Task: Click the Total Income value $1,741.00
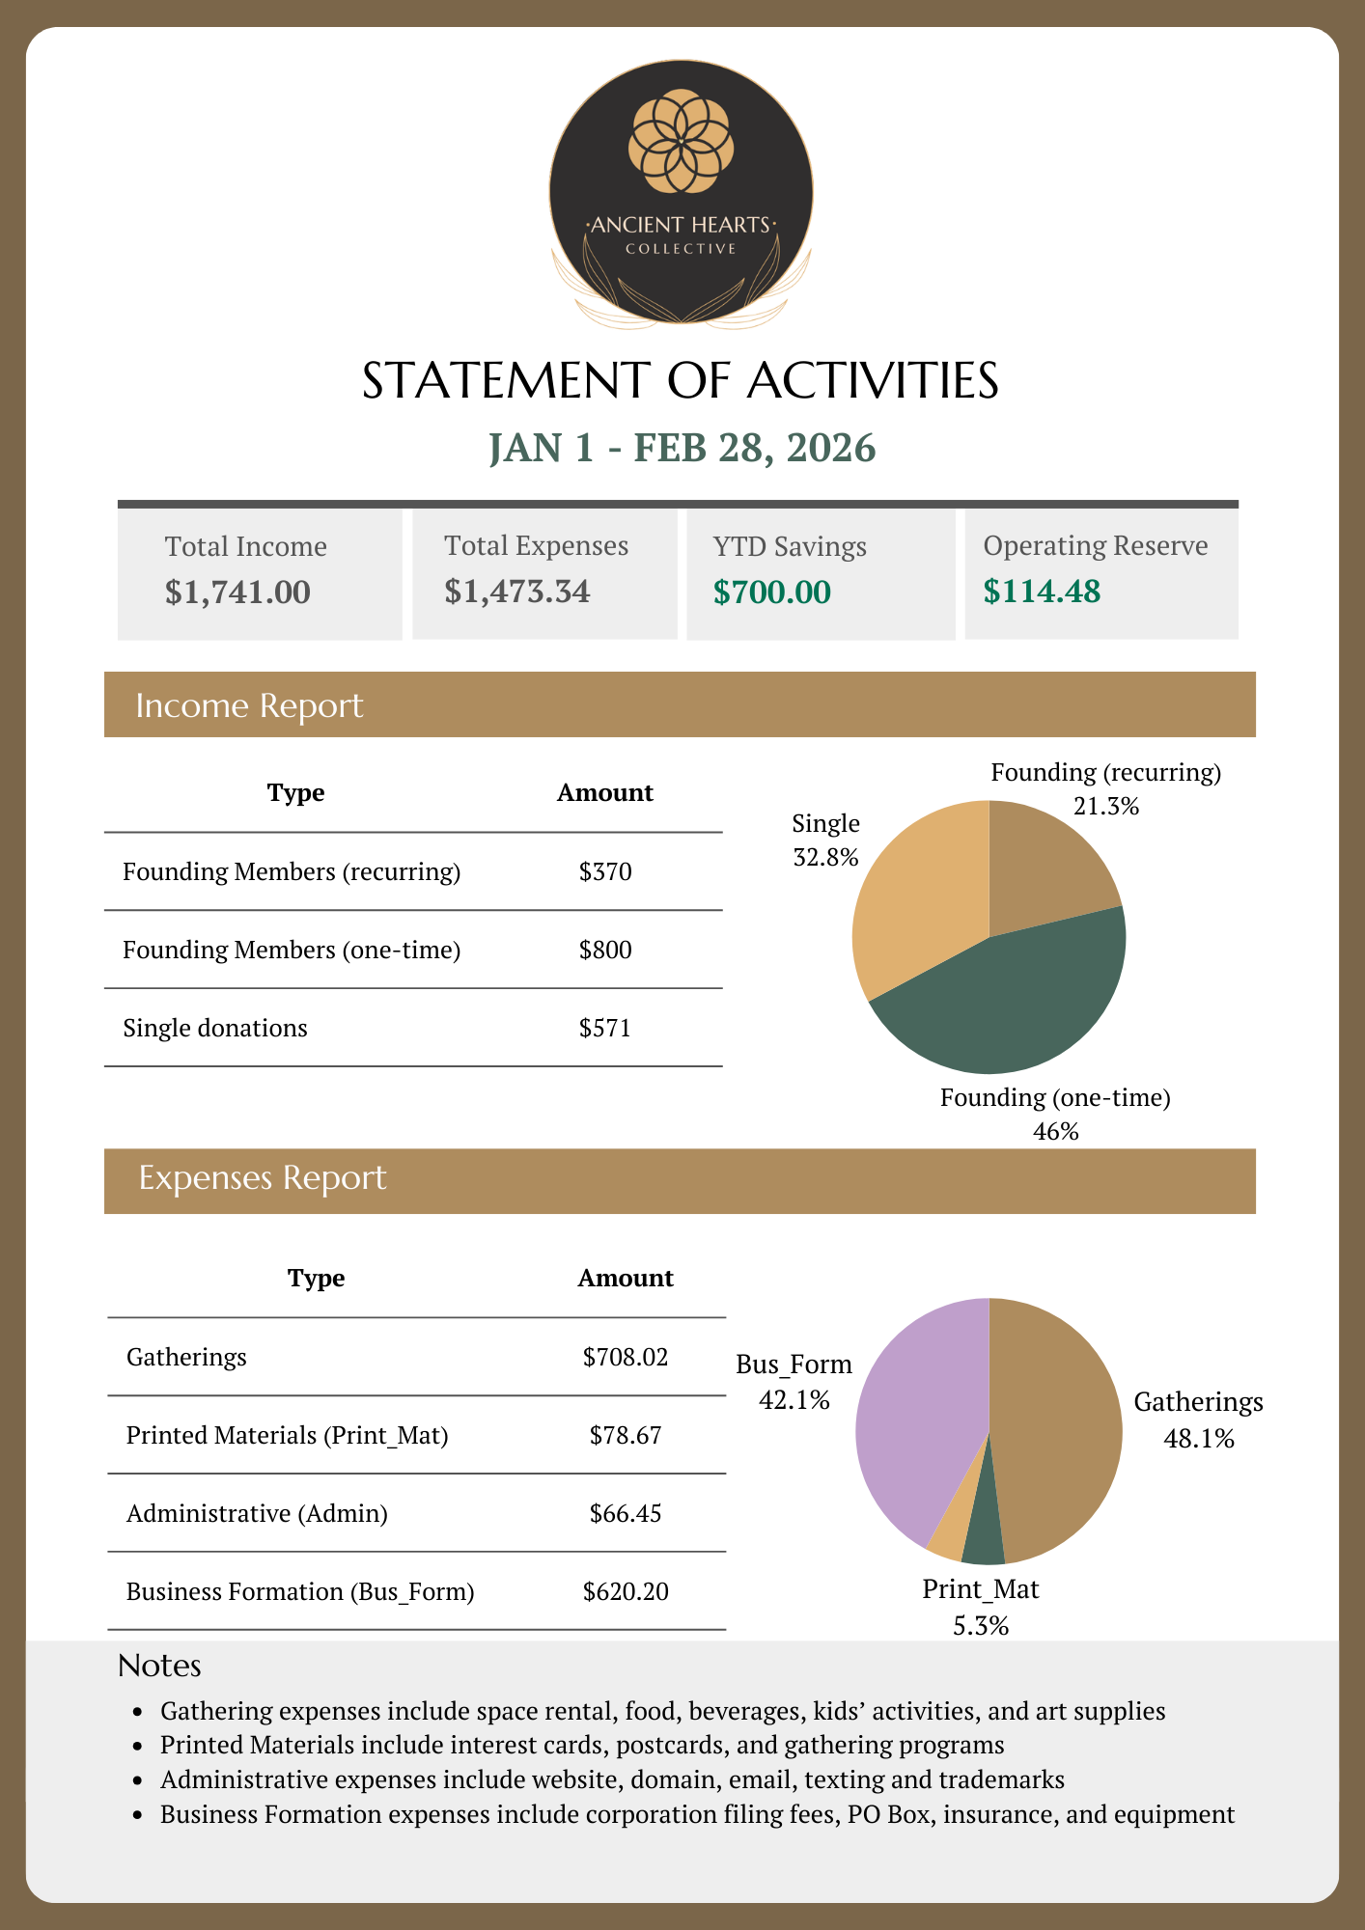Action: [237, 592]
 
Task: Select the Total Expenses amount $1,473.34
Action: [516, 591]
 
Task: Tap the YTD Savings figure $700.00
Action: [771, 592]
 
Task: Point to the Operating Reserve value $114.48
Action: [1042, 591]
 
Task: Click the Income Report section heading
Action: [249, 705]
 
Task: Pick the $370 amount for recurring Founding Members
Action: [605, 872]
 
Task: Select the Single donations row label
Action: [215, 1029]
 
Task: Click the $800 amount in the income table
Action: [605, 951]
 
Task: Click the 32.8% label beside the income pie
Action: [825, 857]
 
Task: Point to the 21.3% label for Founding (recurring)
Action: [1106, 806]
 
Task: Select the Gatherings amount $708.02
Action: [626, 1358]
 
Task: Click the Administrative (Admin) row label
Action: [257, 1514]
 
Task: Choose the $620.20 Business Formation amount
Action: [626, 1592]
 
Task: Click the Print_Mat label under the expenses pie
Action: [981, 1589]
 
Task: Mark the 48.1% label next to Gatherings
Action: [1199, 1439]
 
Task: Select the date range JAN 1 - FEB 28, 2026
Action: [682, 448]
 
